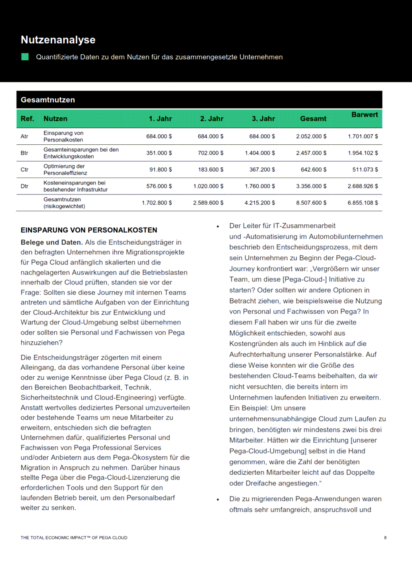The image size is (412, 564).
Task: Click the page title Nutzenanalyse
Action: [58, 40]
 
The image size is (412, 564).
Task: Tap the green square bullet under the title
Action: [25, 57]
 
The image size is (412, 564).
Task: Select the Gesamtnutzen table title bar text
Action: [48, 100]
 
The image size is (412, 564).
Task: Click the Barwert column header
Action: [365, 115]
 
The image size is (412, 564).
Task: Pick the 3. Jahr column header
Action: [263, 119]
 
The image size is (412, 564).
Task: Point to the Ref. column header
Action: [27, 119]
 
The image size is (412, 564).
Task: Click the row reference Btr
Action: [25, 153]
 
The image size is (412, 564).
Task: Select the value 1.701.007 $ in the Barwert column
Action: [363, 136]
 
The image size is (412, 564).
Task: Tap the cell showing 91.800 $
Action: [161, 170]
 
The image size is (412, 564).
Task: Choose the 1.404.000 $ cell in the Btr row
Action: [260, 153]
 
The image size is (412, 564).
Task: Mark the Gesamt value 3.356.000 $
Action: [311, 186]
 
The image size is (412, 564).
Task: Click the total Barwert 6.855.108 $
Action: [363, 203]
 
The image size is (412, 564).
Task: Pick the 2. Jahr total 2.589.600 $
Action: [208, 203]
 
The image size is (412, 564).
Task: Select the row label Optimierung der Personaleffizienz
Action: [65, 170]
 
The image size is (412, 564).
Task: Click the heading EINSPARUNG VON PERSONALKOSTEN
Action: [89, 230]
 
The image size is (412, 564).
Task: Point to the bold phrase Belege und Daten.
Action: [51, 242]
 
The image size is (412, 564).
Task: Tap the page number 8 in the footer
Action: [385, 537]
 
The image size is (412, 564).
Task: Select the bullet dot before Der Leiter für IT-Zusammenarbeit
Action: [218, 226]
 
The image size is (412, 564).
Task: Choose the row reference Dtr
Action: [25, 186]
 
